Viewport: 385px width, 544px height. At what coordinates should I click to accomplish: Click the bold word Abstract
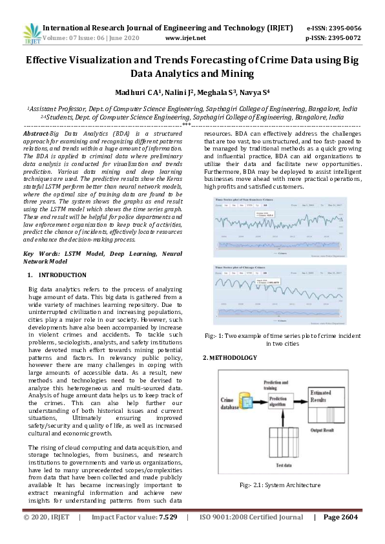36,132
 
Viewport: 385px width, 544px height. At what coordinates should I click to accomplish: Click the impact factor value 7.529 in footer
164,536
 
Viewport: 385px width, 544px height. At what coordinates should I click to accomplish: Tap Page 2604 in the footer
340,536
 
